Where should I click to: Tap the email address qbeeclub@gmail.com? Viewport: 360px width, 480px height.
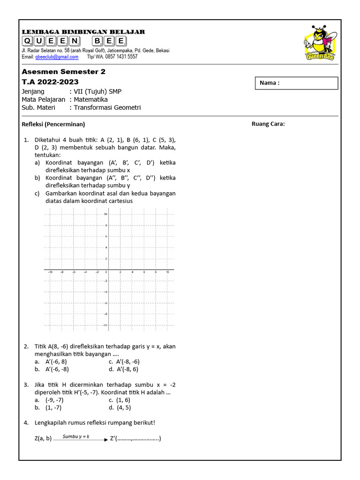click(57, 57)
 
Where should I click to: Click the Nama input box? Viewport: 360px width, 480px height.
click(296, 83)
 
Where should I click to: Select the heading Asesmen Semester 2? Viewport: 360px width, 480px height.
click(64, 72)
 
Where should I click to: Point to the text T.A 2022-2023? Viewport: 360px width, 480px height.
click(50, 82)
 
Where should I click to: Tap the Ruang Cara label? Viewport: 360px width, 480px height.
click(268, 124)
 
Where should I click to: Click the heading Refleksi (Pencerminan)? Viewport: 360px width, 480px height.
click(53, 124)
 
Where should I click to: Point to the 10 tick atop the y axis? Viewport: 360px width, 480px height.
click(105, 214)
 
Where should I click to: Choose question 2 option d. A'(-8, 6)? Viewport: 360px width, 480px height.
click(124, 369)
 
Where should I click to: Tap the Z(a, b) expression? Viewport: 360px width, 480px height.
click(43, 439)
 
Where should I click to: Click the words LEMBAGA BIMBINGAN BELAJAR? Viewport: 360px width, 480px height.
click(83, 32)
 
